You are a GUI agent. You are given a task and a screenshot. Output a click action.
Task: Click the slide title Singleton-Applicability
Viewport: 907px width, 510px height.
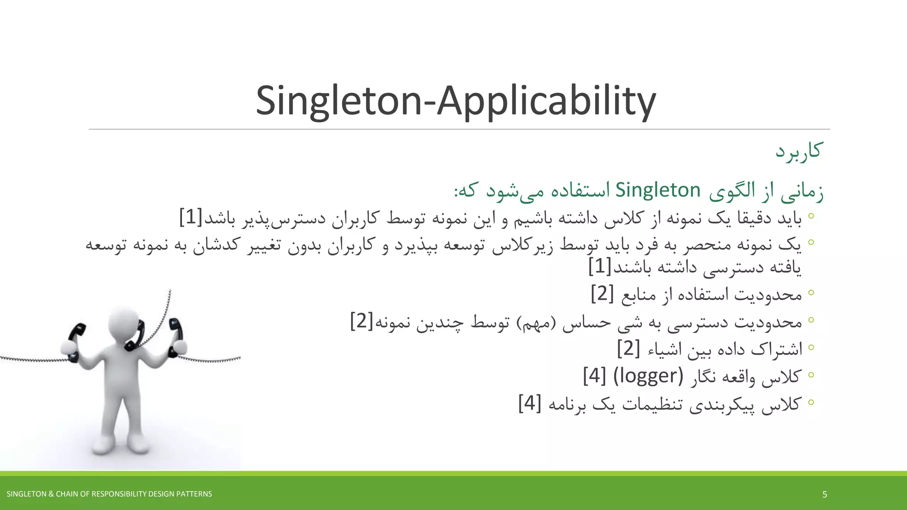pyautogui.click(x=456, y=101)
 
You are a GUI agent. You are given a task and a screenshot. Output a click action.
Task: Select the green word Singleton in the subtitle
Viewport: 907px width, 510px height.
pyautogui.click(x=658, y=190)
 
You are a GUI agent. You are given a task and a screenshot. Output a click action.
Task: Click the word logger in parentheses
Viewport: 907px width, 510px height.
pyautogui.click(x=648, y=376)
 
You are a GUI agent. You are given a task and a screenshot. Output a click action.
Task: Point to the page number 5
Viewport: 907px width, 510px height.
pyautogui.click(x=824, y=494)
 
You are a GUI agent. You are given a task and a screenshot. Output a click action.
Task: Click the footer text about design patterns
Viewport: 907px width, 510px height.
pyautogui.click(x=109, y=494)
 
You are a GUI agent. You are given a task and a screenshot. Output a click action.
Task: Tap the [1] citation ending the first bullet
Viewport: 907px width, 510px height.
pyautogui.click(x=191, y=217)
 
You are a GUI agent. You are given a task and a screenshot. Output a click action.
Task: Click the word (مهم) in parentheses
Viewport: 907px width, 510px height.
pyautogui.click(x=536, y=322)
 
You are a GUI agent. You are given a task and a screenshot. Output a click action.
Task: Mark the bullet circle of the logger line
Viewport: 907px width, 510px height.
pyautogui.click(x=811, y=375)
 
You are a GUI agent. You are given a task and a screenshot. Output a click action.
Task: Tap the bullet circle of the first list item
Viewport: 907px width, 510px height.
pyautogui.click(x=811, y=216)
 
